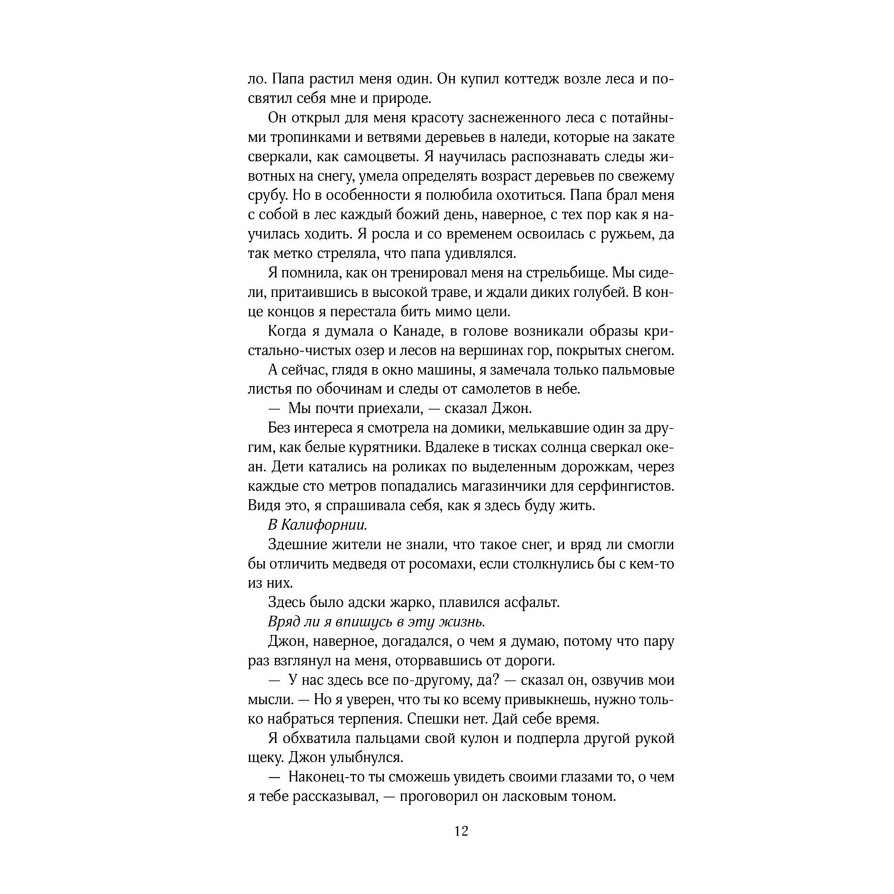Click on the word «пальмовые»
633,370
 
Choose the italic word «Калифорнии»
324,525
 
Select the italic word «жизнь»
461,622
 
